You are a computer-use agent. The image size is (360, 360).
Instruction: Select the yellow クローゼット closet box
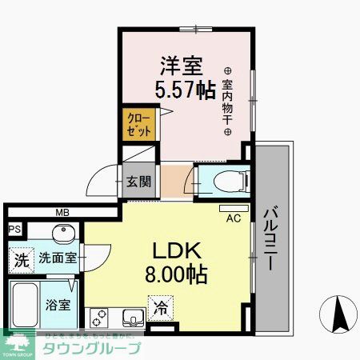(x=138, y=126)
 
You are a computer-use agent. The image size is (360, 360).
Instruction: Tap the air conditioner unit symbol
(x=234, y=208)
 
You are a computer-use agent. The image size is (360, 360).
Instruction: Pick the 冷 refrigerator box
(x=159, y=306)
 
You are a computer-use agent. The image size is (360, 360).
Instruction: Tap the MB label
(x=61, y=213)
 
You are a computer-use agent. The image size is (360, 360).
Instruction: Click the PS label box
(x=13, y=230)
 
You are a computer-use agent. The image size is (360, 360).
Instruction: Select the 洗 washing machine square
(x=22, y=260)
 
